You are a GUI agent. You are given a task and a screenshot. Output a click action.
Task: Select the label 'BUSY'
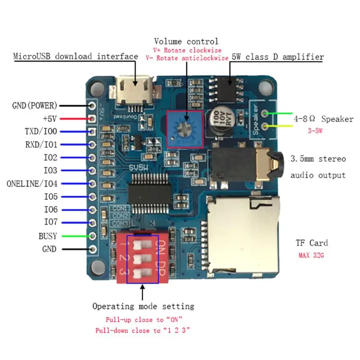click(48, 236)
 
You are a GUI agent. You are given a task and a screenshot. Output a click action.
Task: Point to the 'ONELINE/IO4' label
click(35, 184)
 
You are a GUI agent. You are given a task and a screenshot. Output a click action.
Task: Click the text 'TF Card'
click(311, 243)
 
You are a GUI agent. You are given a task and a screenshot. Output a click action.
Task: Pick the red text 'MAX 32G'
click(311, 255)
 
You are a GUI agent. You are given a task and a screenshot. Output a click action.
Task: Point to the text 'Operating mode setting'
click(143, 306)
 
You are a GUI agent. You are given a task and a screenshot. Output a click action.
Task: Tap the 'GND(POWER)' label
click(35, 106)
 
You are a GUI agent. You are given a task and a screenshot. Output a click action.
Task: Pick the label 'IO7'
click(50, 222)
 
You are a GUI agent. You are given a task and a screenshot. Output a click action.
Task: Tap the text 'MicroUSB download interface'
click(76, 56)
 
